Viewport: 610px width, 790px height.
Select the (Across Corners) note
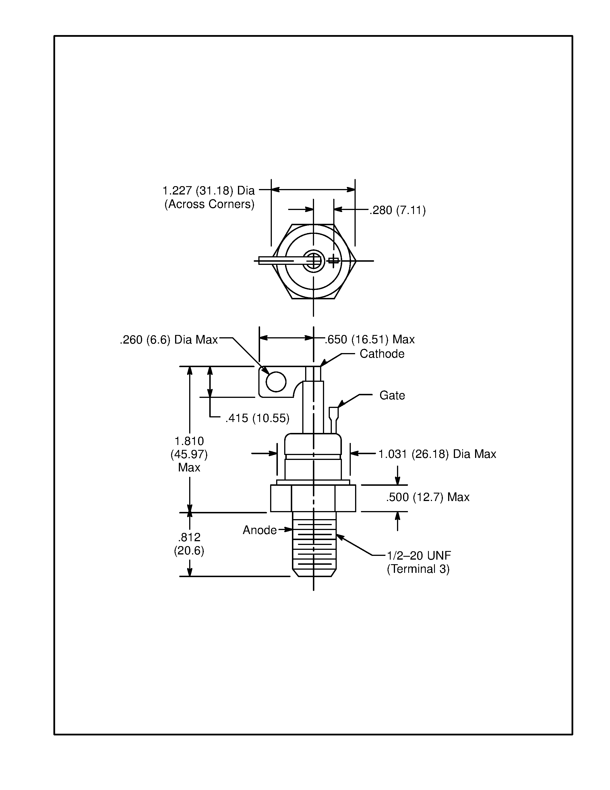click(209, 204)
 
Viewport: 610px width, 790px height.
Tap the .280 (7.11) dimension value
click(398, 210)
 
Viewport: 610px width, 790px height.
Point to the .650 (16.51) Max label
click(370, 339)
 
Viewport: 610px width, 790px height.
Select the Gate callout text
click(392, 395)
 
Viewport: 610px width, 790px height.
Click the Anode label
click(260, 530)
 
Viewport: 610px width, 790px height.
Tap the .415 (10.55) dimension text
click(257, 418)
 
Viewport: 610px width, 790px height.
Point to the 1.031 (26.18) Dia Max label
click(437, 454)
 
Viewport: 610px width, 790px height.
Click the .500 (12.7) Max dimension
click(427, 497)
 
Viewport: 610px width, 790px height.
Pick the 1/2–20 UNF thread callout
click(419, 555)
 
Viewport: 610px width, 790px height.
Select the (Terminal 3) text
click(418, 569)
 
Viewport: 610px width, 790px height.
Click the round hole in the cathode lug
click(276, 381)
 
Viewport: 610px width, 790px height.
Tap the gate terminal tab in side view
click(334, 416)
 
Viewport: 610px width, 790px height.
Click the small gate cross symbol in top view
click(333, 261)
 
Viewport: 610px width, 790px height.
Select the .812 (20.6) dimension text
click(189, 544)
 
